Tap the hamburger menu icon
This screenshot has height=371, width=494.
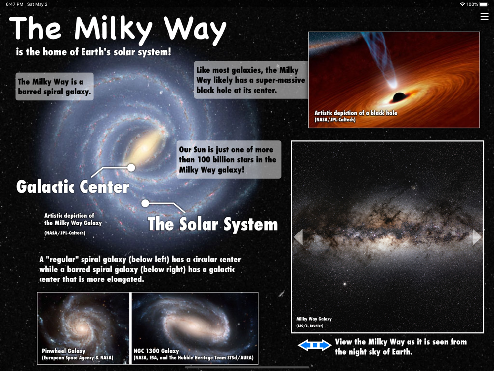point(484,16)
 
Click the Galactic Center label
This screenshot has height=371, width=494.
point(73,187)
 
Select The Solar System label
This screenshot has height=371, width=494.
point(212,224)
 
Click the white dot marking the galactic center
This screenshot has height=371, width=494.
point(131,168)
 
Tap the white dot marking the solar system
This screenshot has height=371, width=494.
point(145,203)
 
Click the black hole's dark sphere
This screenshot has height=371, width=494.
point(399,97)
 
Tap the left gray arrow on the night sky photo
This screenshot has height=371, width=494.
point(298,237)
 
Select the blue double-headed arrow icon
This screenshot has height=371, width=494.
point(314,345)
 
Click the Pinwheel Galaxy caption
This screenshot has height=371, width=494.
point(64,351)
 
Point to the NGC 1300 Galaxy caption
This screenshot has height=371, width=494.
point(156,351)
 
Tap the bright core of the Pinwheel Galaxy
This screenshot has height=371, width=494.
point(82,328)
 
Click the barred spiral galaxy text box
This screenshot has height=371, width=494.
point(54,87)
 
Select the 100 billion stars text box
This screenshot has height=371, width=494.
point(229,160)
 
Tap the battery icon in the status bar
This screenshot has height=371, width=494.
point(483,4)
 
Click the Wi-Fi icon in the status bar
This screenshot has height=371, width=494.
point(462,4)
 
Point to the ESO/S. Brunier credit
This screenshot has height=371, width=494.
point(310,325)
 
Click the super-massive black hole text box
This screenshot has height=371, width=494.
point(251,80)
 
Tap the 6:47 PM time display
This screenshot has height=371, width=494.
point(14,4)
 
